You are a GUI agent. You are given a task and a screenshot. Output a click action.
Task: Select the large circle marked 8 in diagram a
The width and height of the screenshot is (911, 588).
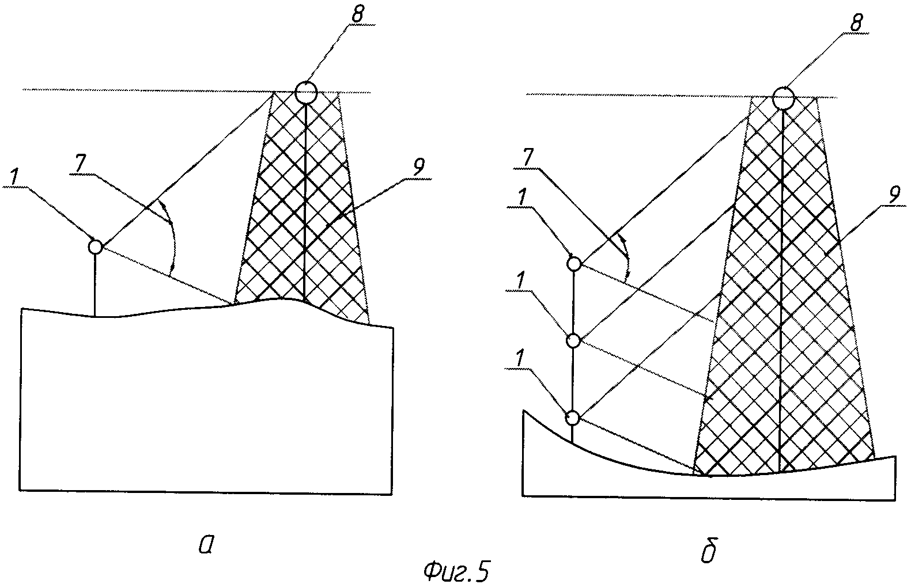pos(305,91)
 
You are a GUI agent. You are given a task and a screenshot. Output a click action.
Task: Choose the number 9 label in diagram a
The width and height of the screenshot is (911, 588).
pos(419,167)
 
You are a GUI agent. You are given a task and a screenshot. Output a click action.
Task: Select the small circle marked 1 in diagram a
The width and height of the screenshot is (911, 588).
pos(95,247)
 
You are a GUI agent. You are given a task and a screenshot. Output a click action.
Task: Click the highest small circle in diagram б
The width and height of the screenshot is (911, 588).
pos(574,264)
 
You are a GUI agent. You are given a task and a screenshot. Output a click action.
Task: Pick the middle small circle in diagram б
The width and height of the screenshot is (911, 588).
pos(573,341)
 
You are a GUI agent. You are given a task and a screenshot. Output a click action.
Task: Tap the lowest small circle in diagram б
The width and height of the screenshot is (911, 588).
pos(572,418)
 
